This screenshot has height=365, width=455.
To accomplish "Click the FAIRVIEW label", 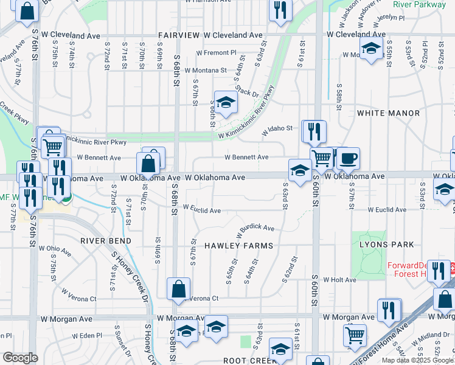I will pyautogui.click(x=178, y=36).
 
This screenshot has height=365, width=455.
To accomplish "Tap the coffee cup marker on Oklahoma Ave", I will pyautogui.click(x=348, y=159).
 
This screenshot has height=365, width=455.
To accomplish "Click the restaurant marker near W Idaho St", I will pyautogui.click(x=314, y=131).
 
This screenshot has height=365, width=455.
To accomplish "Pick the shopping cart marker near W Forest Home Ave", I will pyautogui.click(x=355, y=334).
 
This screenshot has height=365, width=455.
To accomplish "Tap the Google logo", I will pyautogui.click(x=20, y=358).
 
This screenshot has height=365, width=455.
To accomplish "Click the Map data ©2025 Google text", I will pyautogui.click(x=417, y=360).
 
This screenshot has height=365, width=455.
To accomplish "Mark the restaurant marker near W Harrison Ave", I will pyautogui.click(x=280, y=10).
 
